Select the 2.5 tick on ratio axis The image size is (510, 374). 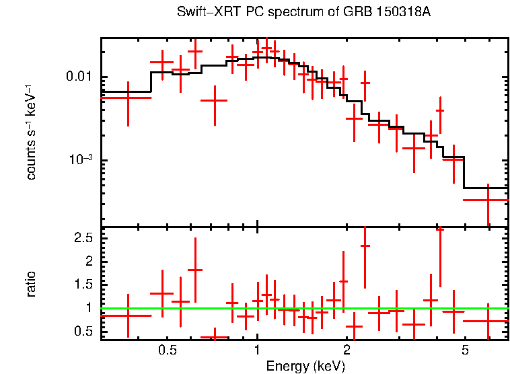click(x=83, y=238)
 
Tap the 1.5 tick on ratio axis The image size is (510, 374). click(x=83, y=285)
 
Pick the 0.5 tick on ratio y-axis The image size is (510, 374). click(x=83, y=331)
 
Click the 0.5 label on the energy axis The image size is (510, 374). click(x=168, y=351)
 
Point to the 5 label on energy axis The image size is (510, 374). click(x=465, y=351)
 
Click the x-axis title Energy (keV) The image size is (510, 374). click(x=305, y=366)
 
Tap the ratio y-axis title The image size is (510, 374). click(x=31, y=284)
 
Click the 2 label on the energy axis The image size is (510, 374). click(x=347, y=351)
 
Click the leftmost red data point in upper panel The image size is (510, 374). click(x=127, y=98)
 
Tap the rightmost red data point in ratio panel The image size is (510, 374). click(x=487, y=321)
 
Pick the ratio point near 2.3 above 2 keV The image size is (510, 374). click(x=365, y=246)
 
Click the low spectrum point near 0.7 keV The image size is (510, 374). click(x=214, y=100)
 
